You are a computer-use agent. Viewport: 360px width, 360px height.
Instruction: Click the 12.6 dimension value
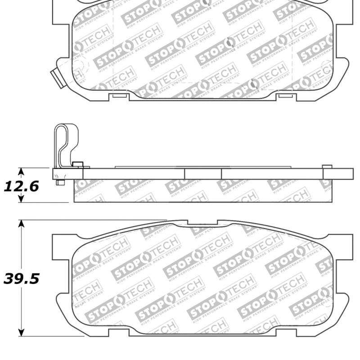coord(21,185)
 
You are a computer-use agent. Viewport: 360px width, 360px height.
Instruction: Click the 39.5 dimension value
coord(21,279)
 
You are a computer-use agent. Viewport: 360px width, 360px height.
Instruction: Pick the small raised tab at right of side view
coord(327,167)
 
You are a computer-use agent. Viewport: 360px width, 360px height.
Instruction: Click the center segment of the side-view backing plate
coord(202,174)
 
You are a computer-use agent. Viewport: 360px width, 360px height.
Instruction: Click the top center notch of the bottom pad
coord(202,222)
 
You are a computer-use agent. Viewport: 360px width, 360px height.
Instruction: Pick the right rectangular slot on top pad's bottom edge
coord(285,95)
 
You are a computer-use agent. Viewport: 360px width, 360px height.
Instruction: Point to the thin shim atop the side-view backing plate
coord(202,167)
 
